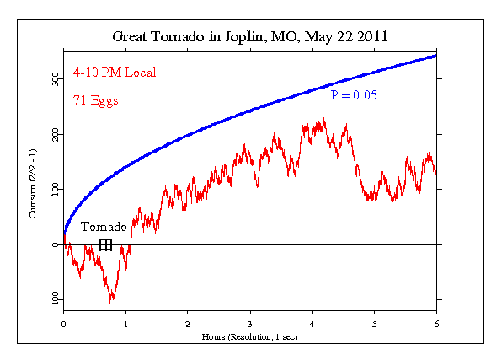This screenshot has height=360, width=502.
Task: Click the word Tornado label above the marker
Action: coord(104,227)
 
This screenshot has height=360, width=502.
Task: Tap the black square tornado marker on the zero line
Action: coord(105,244)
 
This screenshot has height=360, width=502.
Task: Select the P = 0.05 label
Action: coord(353,95)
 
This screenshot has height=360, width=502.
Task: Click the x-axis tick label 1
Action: coord(125,323)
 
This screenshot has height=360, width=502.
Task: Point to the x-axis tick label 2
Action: coord(188,323)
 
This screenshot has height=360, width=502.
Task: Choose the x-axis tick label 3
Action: coord(250,323)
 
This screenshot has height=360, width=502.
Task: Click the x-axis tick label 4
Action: coord(312,323)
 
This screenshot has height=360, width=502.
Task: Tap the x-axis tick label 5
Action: coord(374,323)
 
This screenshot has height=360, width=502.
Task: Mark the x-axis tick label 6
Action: coord(436,323)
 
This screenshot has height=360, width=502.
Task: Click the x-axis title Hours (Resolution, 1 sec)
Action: coord(249,336)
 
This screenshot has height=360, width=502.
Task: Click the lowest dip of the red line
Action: coord(110,300)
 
